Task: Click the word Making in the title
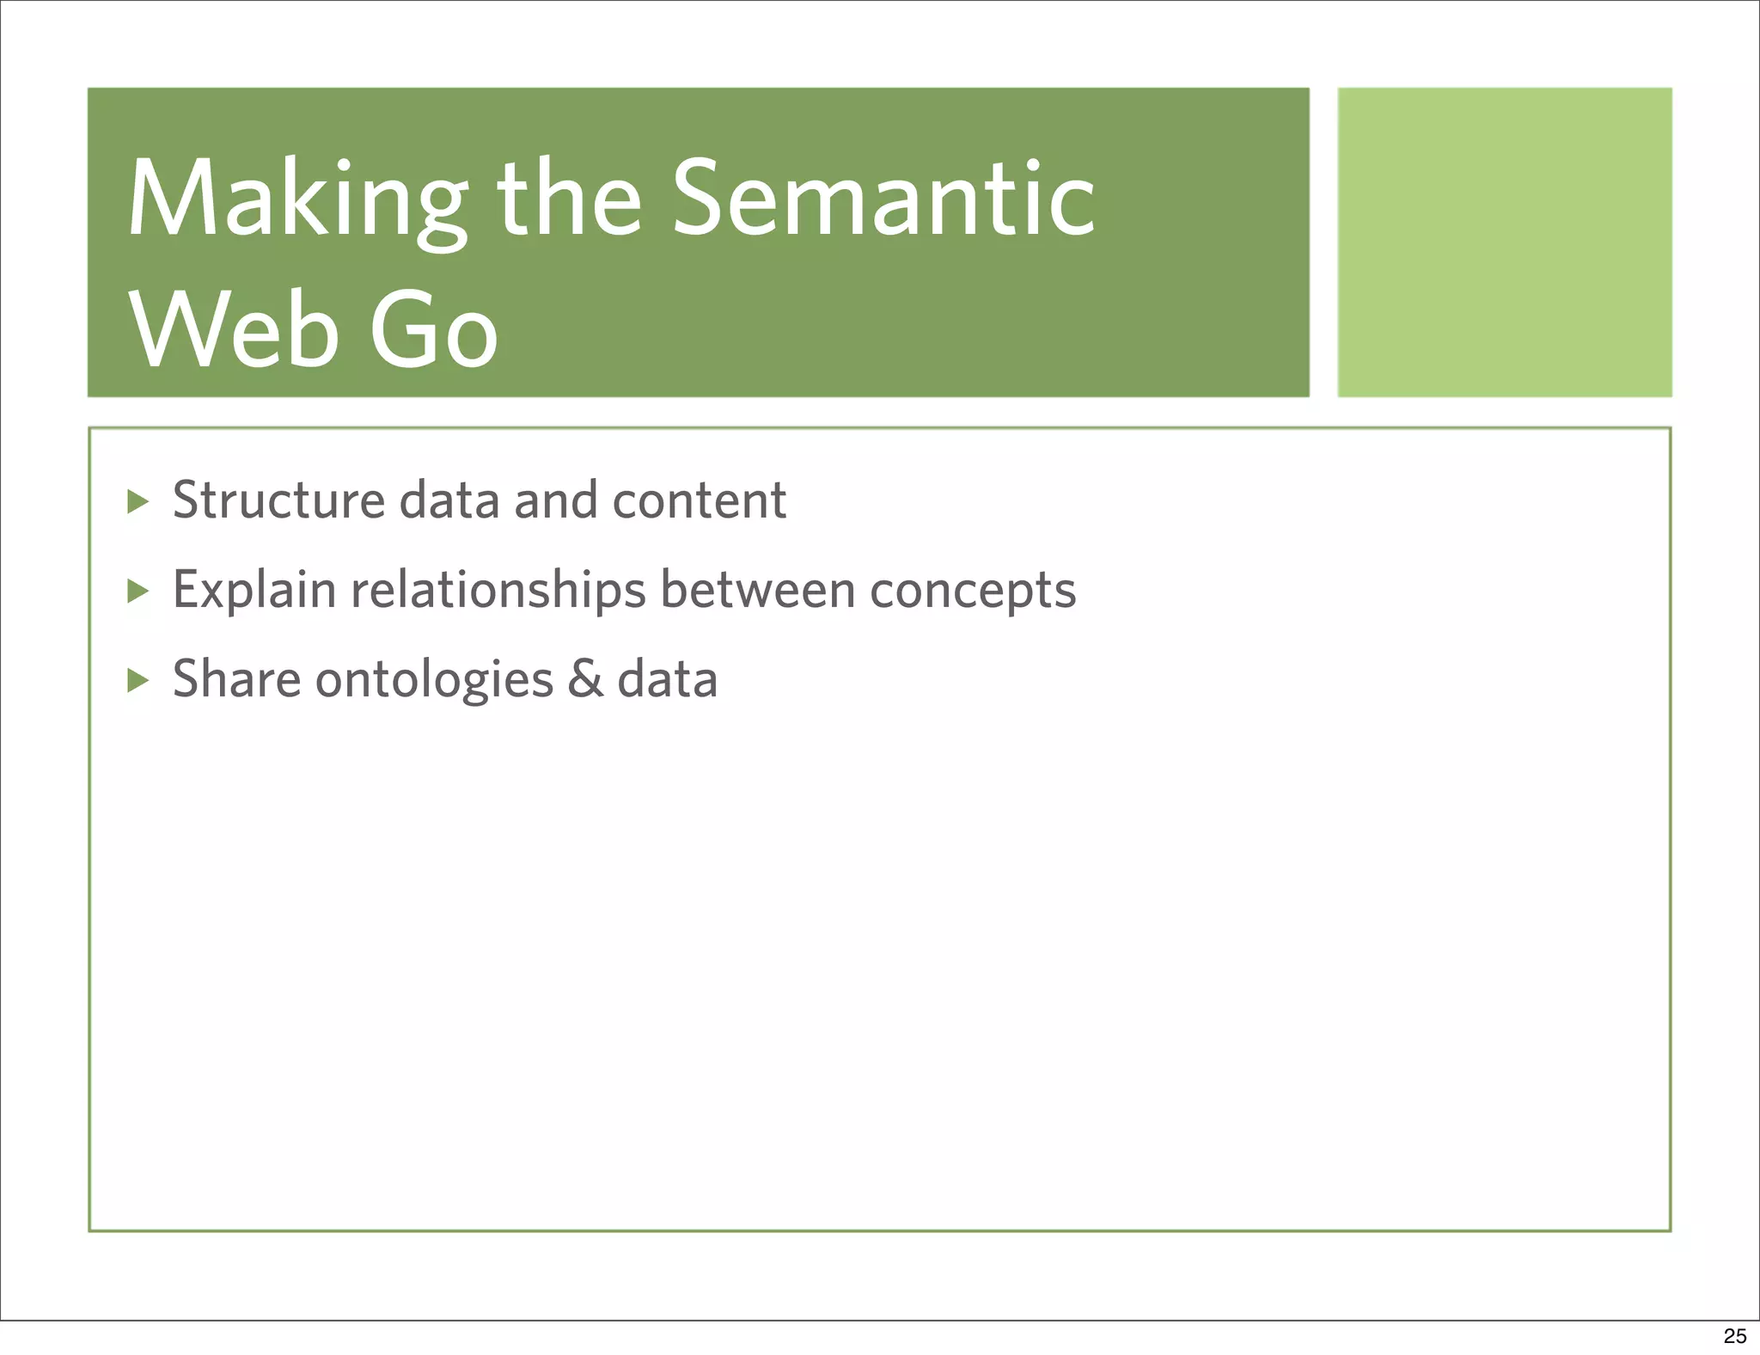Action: click(x=296, y=200)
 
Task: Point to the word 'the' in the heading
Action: click(x=569, y=200)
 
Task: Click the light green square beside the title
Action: click(x=1504, y=242)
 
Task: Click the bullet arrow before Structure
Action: click(x=137, y=501)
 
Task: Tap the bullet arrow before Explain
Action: click(x=137, y=591)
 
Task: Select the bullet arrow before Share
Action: click(x=137, y=681)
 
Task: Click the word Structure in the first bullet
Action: click(x=278, y=500)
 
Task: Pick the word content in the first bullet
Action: click(x=699, y=500)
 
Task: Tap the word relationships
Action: click(x=498, y=591)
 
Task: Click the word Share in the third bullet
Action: click(x=236, y=679)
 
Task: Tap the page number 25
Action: click(x=1734, y=1336)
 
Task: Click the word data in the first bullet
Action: click(x=449, y=500)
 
